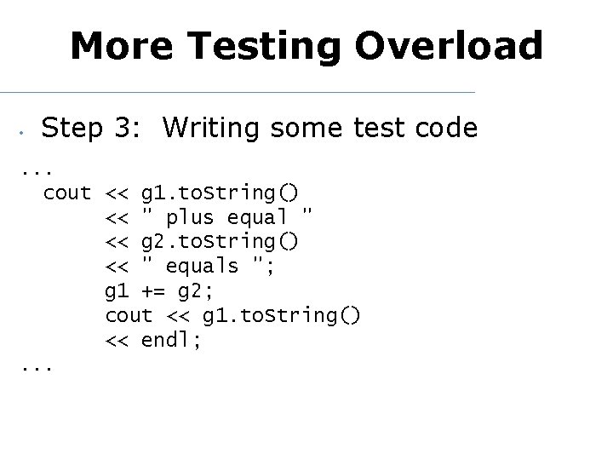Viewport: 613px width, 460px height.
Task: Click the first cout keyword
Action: click(66, 193)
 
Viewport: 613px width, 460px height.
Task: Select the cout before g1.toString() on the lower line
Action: click(129, 316)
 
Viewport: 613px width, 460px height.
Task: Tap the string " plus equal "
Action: click(227, 218)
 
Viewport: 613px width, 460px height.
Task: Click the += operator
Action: click(153, 291)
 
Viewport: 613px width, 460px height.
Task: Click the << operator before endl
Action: click(117, 341)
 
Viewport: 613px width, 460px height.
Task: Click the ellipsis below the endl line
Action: click(35, 369)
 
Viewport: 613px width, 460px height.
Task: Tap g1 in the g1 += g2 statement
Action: click(117, 291)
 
